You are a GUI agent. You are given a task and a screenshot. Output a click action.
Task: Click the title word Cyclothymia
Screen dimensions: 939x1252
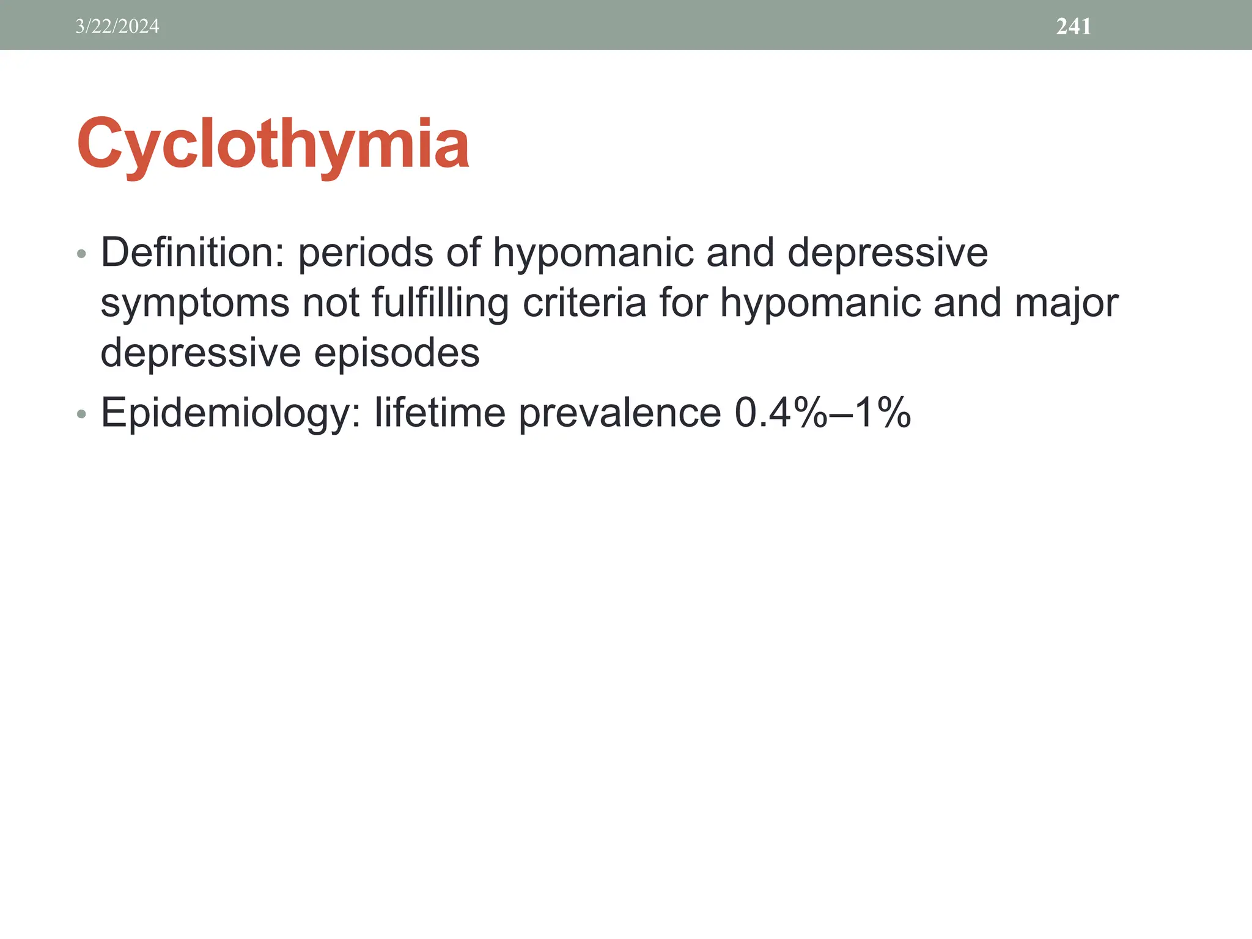(273, 144)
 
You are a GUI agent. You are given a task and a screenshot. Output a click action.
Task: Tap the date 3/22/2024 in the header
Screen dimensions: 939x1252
(117, 26)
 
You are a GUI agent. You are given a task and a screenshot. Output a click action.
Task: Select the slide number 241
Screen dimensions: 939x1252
(1073, 26)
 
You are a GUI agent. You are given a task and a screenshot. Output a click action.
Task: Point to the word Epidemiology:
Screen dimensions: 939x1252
(230, 413)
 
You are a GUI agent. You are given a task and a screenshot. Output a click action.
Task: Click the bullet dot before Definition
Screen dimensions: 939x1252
(82, 254)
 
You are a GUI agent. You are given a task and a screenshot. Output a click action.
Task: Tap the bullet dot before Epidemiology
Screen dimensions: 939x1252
(82, 415)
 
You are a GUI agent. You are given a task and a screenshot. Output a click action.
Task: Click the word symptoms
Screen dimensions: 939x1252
(194, 304)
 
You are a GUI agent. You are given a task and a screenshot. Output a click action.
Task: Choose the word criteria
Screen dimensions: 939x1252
(584, 303)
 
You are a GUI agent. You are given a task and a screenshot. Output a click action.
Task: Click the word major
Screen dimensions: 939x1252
(1066, 303)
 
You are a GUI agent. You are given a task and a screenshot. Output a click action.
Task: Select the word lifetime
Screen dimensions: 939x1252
(440, 413)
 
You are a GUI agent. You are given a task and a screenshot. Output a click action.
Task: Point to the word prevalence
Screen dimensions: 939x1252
(620, 413)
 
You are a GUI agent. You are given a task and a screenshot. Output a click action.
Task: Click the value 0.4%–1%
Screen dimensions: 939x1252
(822, 413)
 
